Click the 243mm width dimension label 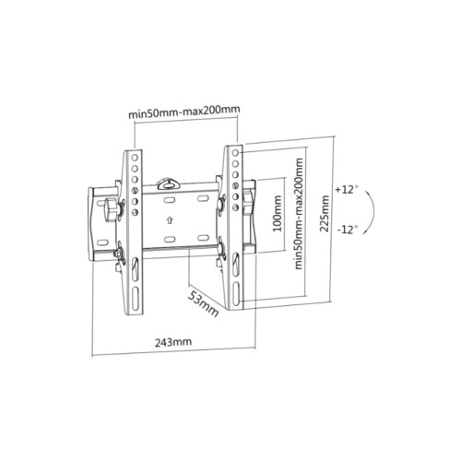pyautogui.click(x=173, y=342)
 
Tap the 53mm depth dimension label pyautogui.click(x=203, y=303)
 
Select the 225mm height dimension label pyautogui.click(x=325, y=213)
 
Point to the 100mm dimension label pyautogui.click(x=278, y=213)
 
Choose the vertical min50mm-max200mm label pyautogui.click(x=299, y=214)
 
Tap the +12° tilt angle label pyautogui.click(x=347, y=189)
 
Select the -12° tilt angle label pyautogui.click(x=348, y=230)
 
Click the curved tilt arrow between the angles pyautogui.click(x=372, y=212)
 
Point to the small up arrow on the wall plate pyautogui.click(x=170, y=220)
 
